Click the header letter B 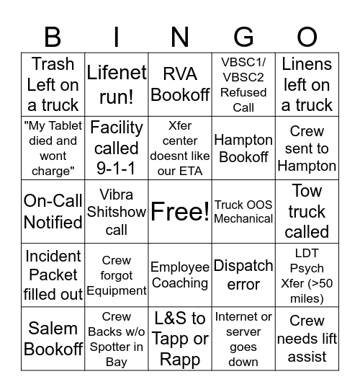click(53, 36)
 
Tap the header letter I click(117, 36)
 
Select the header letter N click(180, 36)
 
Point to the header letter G click(243, 36)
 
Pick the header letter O click(307, 36)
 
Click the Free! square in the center click(180, 212)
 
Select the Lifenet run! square click(117, 84)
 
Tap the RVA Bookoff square click(180, 84)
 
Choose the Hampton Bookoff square click(243, 148)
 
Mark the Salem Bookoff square click(53, 339)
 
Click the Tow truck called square click(307, 212)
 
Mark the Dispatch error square click(243, 275)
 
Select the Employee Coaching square click(180, 275)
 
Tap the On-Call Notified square click(53, 212)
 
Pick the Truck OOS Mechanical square click(243, 212)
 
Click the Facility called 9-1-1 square click(117, 148)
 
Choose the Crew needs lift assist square click(307, 339)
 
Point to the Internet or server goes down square click(243, 339)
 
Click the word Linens click(307, 64)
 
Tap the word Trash click(53, 64)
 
